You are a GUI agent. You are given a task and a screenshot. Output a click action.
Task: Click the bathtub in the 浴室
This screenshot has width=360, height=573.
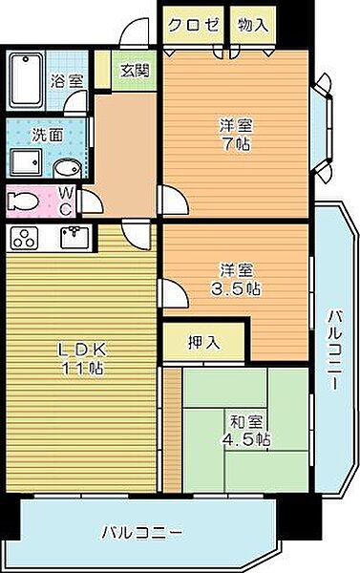27,80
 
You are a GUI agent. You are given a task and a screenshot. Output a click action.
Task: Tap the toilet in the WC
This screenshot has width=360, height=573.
23,202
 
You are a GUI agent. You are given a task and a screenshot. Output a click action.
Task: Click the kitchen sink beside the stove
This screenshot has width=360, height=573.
74,237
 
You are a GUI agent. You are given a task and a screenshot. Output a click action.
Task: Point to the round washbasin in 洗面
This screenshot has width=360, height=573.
67,169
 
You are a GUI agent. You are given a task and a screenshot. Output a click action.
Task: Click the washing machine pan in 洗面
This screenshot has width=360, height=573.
26,162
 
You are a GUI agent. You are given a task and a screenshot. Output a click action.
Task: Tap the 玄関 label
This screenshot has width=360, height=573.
135,71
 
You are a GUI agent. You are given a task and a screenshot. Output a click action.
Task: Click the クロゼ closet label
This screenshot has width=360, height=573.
193,25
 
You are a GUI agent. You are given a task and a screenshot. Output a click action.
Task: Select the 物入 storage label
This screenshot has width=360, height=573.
253,25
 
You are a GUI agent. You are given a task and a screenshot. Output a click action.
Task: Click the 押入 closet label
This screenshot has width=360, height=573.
203,343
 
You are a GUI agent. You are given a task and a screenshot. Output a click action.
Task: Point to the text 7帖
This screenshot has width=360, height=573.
236,145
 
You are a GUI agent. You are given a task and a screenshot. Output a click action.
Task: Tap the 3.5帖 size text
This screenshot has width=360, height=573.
236,289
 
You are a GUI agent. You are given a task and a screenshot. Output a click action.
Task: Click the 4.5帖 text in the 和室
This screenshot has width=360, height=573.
246,439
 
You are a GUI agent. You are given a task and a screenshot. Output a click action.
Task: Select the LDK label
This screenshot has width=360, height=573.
83,350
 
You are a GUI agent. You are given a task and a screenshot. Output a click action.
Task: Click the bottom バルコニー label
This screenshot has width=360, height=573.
141,533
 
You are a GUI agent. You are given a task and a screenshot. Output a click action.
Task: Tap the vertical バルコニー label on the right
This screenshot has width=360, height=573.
334,350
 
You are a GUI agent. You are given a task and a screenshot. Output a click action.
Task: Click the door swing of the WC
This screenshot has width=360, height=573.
92,202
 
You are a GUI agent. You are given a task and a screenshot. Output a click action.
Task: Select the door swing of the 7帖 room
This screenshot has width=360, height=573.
175,200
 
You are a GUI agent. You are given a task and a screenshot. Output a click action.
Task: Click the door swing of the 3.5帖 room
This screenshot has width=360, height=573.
174,293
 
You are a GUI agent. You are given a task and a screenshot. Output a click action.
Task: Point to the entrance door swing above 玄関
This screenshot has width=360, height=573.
135,32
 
